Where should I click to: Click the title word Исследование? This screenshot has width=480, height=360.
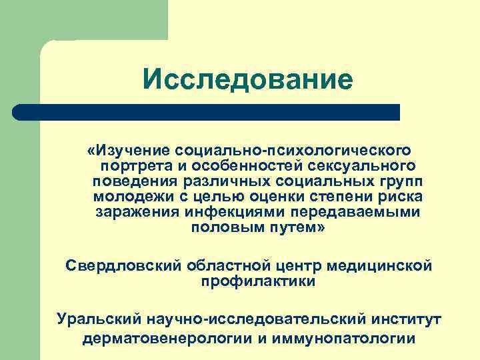[x=247, y=80]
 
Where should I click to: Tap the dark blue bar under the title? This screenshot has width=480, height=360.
[x=207, y=112]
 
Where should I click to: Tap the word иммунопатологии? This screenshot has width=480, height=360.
[x=347, y=338]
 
